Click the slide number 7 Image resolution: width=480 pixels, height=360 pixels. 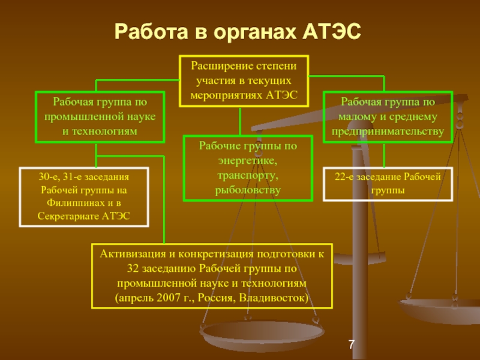352,344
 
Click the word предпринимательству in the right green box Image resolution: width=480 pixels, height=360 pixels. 388,130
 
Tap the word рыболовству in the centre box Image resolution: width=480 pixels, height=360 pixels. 248,190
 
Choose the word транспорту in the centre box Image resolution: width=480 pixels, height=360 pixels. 248,175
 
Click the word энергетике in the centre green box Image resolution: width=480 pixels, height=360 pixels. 248,160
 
